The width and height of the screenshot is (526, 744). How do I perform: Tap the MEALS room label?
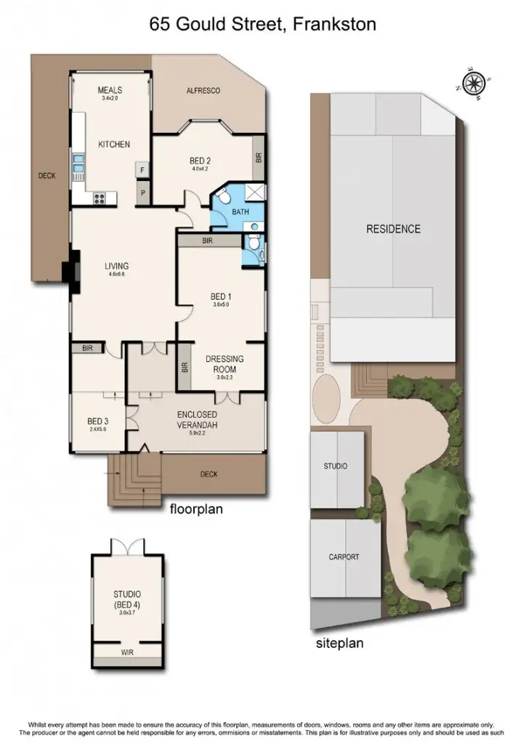(x=113, y=90)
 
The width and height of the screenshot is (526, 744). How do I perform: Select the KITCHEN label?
(x=114, y=145)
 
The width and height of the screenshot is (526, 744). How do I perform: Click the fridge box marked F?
(x=143, y=171)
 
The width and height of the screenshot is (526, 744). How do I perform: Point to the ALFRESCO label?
(x=203, y=90)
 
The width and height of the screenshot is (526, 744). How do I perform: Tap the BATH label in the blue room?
(x=240, y=212)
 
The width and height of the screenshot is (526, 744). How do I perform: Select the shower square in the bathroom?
(x=254, y=192)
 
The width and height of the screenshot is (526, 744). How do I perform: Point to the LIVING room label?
(x=117, y=266)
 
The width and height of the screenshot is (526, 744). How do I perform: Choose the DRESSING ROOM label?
(x=224, y=363)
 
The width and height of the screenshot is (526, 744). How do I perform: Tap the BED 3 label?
(x=98, y=421)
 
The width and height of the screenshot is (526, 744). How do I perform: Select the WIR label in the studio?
(x=128, y=653)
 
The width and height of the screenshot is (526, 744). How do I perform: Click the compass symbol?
(x=475, y=82)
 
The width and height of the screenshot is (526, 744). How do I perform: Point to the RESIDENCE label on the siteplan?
(x=393, y=229)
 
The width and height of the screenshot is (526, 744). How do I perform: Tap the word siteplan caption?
(x=339, y=643)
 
